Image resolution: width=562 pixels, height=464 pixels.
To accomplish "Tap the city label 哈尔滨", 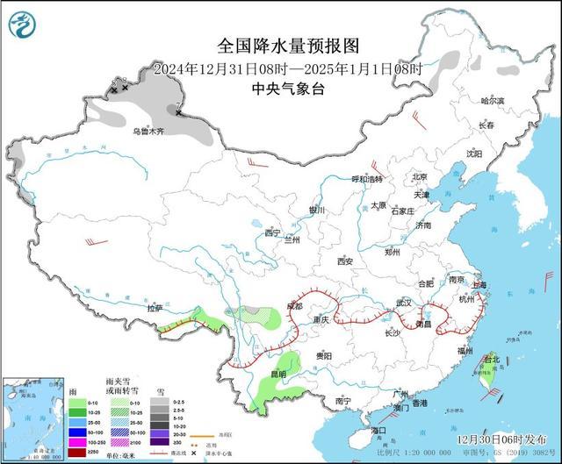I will (494, 102).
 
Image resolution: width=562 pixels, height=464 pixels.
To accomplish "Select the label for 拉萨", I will (155, 309).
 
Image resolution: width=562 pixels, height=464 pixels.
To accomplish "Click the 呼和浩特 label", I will (367, 179).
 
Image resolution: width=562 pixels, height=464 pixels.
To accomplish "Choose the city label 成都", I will (292, 306).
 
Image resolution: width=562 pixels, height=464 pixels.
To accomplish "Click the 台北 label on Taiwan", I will (491, 359).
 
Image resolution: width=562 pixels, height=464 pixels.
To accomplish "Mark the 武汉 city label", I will (403, 303).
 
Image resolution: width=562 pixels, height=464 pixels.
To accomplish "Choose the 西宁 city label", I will (271, 233).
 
